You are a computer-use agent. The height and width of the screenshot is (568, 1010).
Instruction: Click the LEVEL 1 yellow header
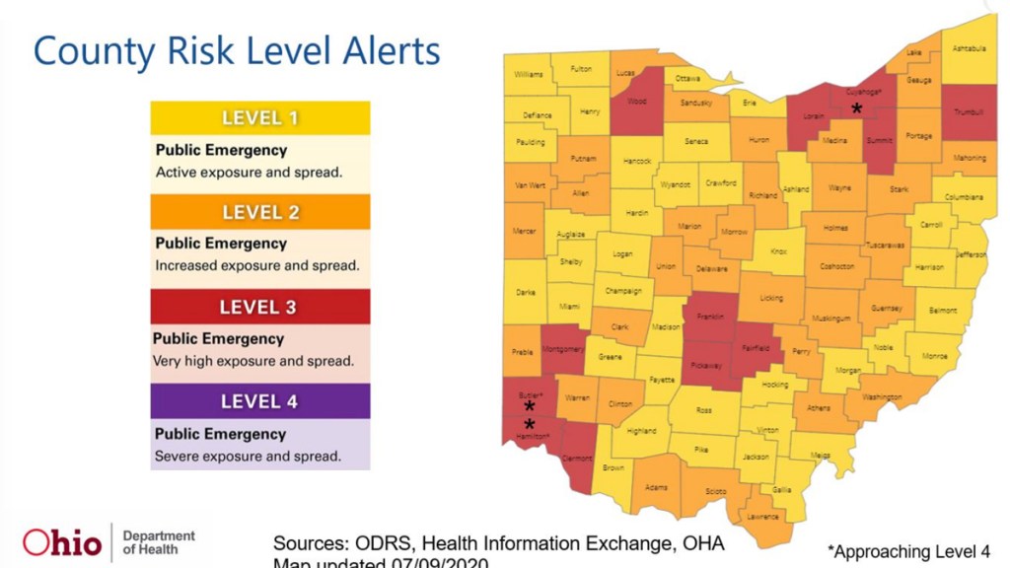coord(259,118)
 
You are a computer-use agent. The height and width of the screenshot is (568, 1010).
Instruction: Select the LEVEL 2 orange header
coord(259,212)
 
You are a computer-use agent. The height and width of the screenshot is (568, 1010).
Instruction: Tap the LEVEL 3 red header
coord(258,307)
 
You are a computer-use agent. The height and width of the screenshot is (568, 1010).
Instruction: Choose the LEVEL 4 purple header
coord(258,401)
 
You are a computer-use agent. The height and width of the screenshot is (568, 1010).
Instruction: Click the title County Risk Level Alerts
coord(237,51)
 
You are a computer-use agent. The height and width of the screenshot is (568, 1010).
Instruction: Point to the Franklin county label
coord(710,319)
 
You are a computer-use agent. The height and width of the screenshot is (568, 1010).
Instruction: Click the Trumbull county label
coord(970,112)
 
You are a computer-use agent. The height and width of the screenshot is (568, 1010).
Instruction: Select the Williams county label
coord(529,74)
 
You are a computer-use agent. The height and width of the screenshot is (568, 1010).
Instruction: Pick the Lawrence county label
coord(762,517)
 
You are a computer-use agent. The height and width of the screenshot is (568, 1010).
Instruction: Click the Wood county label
coord(637,100)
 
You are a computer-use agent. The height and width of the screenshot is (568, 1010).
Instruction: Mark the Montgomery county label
coord(564,350)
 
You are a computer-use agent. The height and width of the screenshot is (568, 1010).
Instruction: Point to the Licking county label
coord(771,298)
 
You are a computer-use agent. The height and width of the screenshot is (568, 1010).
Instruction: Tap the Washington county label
coord(881,397)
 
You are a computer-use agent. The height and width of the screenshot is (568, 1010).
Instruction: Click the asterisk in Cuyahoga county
coord(857,109)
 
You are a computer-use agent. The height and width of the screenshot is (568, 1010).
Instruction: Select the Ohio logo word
coord(62,542)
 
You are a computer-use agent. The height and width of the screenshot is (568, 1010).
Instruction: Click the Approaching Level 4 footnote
coord(908,551)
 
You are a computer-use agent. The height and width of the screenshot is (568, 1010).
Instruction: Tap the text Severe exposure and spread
coord(248,457)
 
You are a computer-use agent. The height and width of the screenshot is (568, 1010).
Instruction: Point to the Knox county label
coord(778,251)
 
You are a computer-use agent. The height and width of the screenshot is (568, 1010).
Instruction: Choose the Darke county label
coord(525,293)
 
